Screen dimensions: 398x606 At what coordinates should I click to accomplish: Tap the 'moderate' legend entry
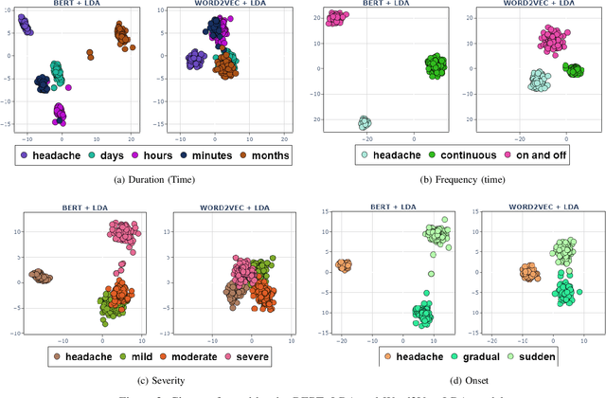coord(184,357)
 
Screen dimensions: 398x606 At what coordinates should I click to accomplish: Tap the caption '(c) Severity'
coord(156,382)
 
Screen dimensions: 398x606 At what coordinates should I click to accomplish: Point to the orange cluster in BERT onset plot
coord(343,266)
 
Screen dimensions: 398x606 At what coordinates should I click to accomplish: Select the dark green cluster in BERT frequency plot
coord(435,66)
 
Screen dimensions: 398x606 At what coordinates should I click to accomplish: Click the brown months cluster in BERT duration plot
coord(122,35)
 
